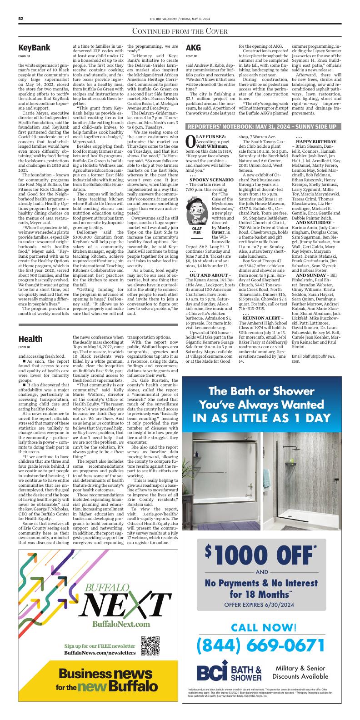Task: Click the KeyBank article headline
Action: pyautogui.click(x=34, y=48)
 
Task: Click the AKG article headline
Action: pyautogui.click(x=193, y=48)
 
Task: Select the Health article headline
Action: pyautogui.click(x=30, y=339)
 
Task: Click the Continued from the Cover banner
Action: pyautogui.click(x=180, y=31)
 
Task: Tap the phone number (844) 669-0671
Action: pyautogui.click(x=261, y=644)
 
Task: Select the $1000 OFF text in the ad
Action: pyautogui.click(x=261, y=553)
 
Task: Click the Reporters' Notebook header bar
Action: pyautogui.click(x=261, y=126)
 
